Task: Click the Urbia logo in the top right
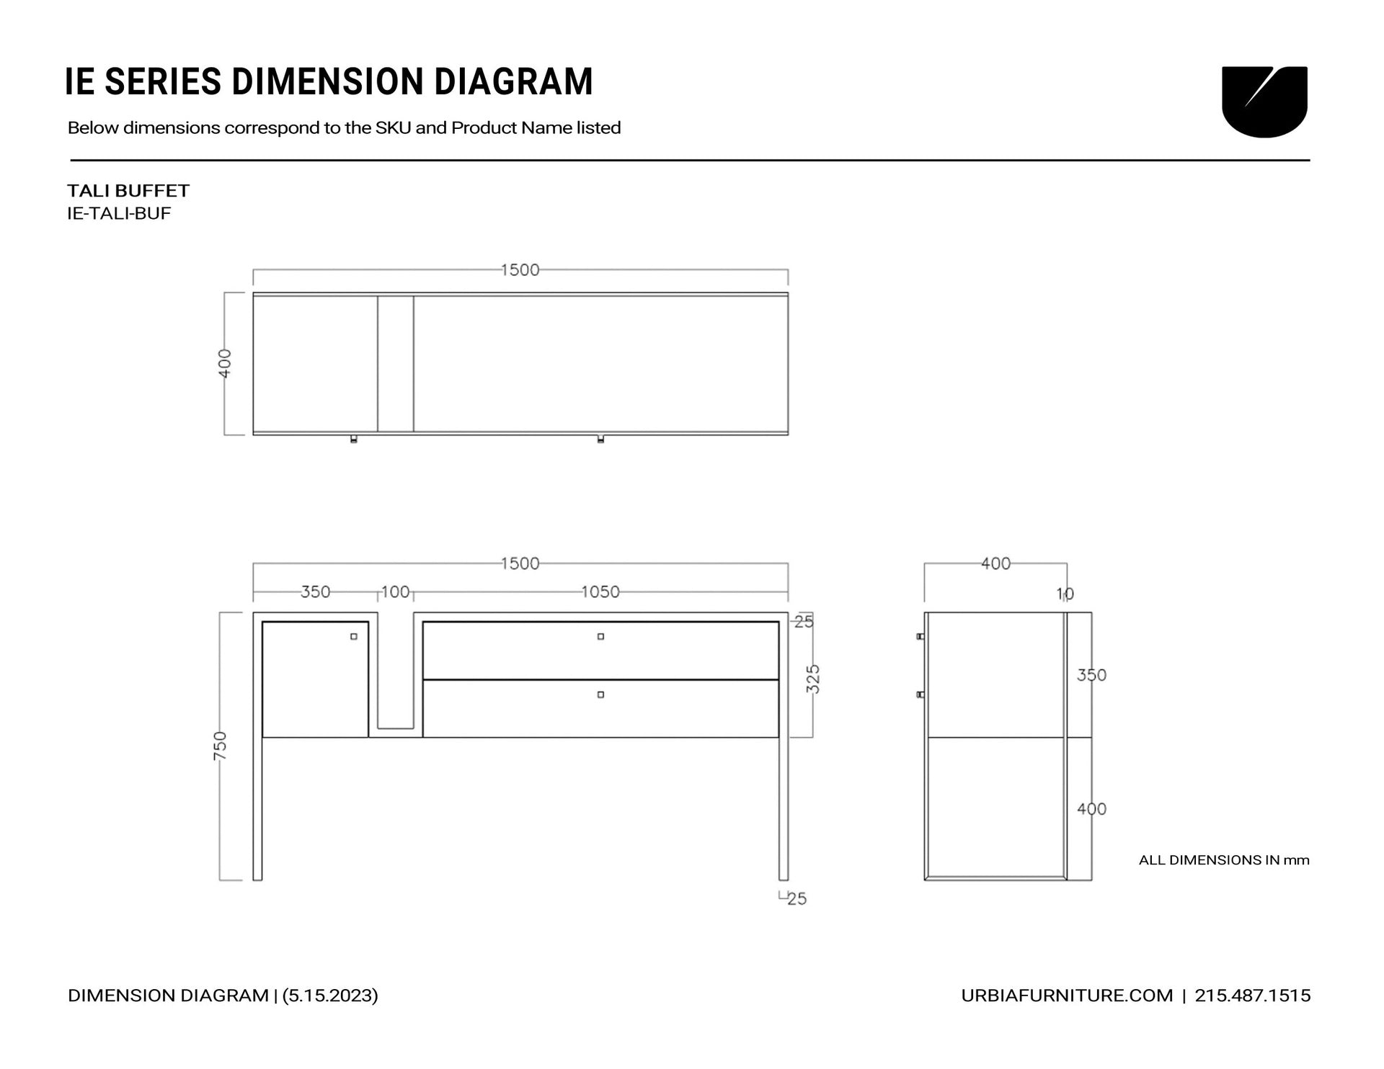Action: coord(1264,102)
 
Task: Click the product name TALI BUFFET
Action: coord(128,191)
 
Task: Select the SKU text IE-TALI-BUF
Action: coord(119,214)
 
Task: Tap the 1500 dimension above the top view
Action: coord(520,270)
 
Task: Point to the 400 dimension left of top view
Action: coord(226,363)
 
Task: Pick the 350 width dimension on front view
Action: coord(315,592)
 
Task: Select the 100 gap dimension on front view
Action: coord(395,592)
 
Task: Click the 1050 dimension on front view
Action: coord(600,592)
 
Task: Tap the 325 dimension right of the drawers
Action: coord(813,679)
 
